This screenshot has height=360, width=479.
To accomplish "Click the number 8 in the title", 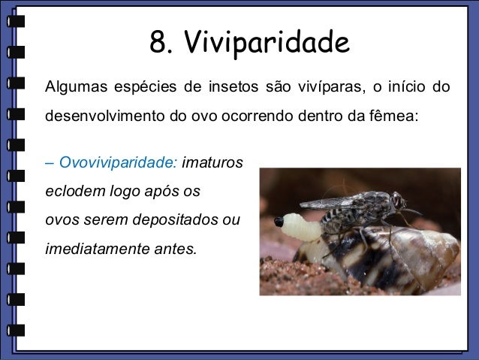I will click(159, 43).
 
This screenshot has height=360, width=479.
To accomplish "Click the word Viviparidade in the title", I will click(267, 43).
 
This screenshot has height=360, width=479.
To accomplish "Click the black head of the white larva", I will click(279, 222).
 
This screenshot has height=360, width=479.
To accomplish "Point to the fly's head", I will click(399, 201).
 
